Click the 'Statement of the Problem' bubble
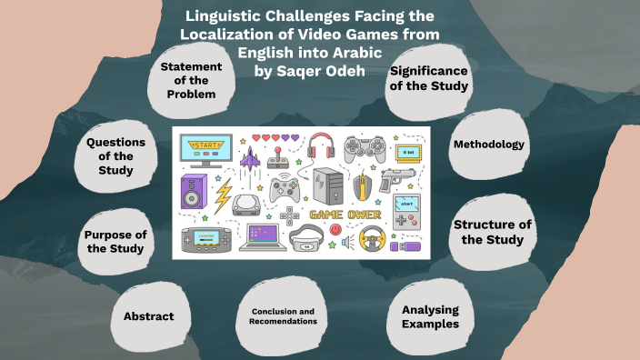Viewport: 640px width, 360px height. [191, 80]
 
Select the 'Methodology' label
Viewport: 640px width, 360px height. [488, 145]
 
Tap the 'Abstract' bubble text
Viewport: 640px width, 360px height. [149, 316]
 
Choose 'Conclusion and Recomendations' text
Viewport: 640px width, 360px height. [284, 315]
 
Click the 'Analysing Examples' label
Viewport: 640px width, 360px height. [429, 316]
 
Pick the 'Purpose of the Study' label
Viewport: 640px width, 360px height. [115, 242]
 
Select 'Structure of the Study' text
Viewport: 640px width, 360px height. [491, 233]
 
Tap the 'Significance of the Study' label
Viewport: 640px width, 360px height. [428, 78]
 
